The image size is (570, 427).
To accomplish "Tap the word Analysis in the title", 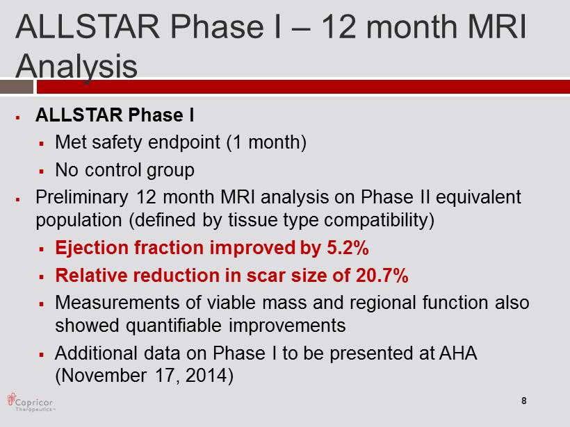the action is click(76, 66).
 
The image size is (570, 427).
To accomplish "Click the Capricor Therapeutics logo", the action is click(31, 402).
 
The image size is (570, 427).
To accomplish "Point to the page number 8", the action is click(524, 401).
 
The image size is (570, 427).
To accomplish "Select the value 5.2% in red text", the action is click(348, 248).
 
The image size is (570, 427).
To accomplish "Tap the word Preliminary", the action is click(82, 198).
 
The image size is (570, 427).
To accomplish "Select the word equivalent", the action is click(478, 198).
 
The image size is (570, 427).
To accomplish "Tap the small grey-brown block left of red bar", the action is click(17, 87).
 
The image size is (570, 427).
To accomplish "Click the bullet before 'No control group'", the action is click(42, 171).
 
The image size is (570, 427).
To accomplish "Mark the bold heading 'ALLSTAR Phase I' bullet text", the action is click(115, 115).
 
